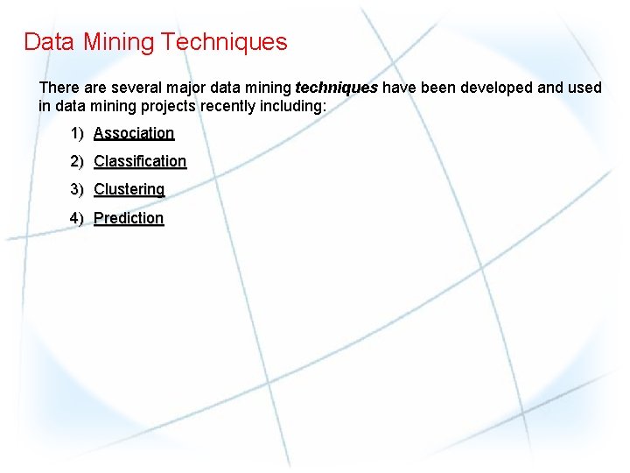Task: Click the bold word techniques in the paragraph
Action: point(337,88)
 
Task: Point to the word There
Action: point(59,88)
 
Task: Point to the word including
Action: point(293,106)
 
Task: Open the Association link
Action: point(134,133)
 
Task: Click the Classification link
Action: point(140,161)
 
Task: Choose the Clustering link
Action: point(129,189)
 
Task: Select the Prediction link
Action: point(129,217)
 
